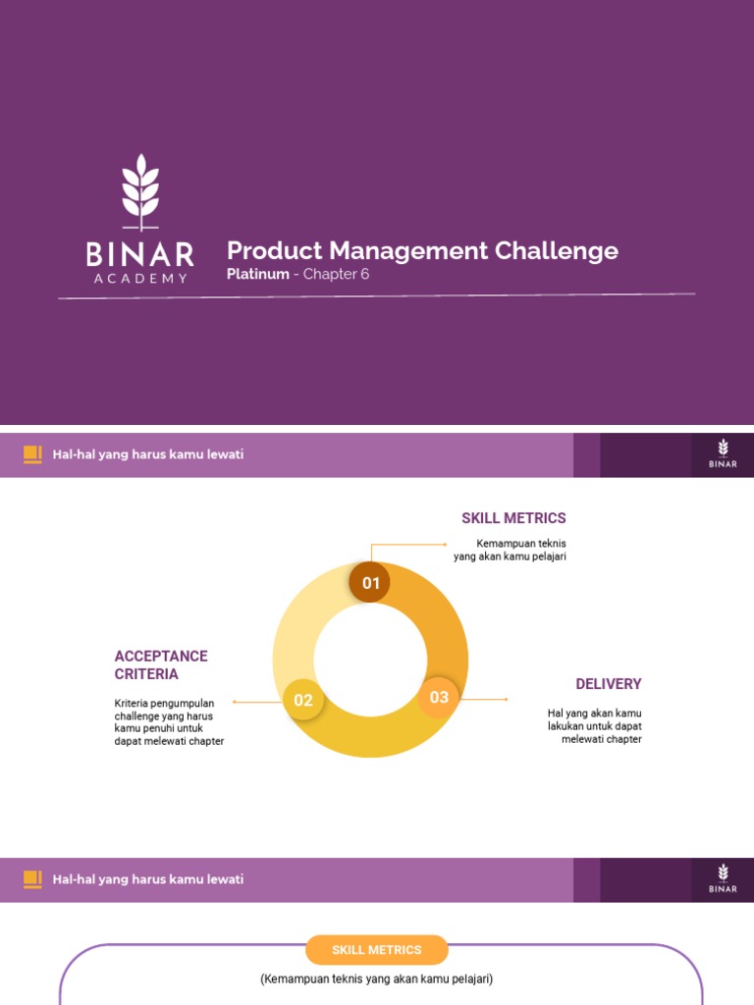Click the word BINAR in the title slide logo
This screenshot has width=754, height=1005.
pos(139,254)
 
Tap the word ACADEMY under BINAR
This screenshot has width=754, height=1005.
pos(139,279)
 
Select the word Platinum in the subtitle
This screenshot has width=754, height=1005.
pos(257,274)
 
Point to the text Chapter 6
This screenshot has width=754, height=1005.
pos(336,274)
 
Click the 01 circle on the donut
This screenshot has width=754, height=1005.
pos(370,583)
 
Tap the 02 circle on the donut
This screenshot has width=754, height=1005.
pos(303,701)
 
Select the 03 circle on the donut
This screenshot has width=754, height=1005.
pos(439,697)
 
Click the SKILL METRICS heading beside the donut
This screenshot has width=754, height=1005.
pos(513,518)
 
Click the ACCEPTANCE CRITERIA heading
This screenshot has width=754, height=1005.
pos(161,665)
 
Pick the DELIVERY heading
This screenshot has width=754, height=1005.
pos(608,684)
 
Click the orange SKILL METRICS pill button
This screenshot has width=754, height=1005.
pos(377,950)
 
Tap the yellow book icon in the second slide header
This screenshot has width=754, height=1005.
pos(32,454)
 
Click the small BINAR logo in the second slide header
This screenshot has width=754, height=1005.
pos(723,454)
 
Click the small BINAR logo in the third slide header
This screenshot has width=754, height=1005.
pos(723,879)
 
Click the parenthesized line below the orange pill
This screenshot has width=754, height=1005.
pos(377,979)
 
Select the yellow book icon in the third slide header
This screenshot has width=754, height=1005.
pos(32,879)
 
